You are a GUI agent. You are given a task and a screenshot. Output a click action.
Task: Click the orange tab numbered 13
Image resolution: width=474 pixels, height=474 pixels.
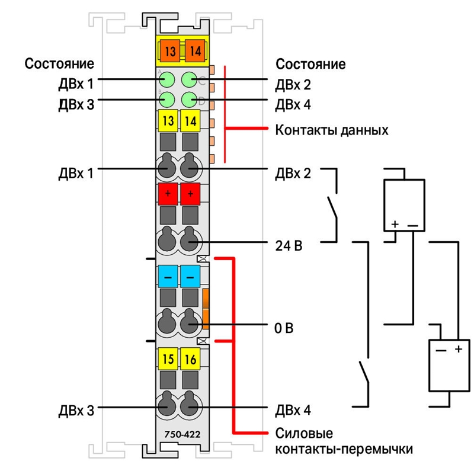(170, 51)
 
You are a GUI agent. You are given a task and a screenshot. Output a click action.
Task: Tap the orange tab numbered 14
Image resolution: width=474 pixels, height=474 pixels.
(196, 51)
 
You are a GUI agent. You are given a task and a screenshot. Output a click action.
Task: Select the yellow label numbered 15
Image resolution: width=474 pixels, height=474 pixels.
(168, 359)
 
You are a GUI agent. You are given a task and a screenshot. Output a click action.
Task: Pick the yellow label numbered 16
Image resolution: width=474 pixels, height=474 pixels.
(190, 359)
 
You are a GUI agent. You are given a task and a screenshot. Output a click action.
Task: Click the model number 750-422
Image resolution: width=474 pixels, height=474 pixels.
(182, 434)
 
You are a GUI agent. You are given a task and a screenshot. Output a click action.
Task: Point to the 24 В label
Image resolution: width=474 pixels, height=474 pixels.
(289, 246)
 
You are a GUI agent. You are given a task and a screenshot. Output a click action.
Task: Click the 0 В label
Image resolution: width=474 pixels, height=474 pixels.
(284, 328)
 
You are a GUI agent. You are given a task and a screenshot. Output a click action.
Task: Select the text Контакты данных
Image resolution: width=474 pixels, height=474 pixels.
(332, 130)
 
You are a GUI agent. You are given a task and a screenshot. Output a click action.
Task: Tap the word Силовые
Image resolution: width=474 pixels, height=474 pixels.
(304, 434)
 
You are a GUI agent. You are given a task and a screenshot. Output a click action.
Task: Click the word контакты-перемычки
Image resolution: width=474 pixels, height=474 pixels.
(344, 449)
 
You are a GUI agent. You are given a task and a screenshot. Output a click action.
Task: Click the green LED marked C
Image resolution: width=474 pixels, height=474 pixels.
(190, 80)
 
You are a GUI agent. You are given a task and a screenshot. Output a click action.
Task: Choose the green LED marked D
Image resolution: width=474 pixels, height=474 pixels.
(190, 100)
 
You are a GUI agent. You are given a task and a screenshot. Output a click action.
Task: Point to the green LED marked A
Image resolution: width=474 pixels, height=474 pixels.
(166, 80)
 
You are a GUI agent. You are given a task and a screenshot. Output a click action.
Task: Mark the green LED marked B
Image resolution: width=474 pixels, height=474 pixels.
(166, 100)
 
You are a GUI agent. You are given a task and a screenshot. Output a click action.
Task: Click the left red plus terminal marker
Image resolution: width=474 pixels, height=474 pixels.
(168, 194)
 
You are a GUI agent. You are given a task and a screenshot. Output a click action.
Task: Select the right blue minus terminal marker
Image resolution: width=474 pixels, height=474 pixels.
(190, 276)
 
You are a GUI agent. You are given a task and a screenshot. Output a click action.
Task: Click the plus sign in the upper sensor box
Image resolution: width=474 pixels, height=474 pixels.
(395, 225)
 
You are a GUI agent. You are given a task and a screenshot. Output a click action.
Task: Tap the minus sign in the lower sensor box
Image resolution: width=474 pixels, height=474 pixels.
(441, 351)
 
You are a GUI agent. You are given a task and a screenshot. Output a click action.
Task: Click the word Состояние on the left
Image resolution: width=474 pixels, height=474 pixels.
(59, 64)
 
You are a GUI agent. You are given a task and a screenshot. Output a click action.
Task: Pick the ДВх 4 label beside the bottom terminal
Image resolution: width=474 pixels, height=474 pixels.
(293, 410)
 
